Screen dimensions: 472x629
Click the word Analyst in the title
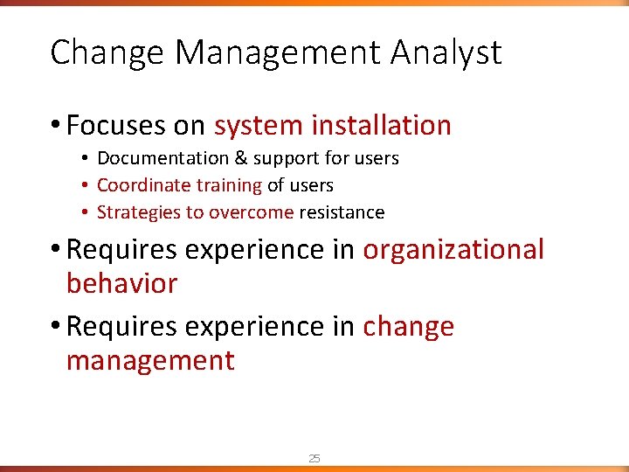446,53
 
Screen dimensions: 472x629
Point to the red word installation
382,126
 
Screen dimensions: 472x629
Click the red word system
258,127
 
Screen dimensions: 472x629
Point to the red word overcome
252,212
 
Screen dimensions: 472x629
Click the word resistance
342,212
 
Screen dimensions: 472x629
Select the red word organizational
453,250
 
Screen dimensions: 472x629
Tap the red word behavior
121,283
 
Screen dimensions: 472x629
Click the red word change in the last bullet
409,327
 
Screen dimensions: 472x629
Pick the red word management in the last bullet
150,360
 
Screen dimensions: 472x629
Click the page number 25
314,458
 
